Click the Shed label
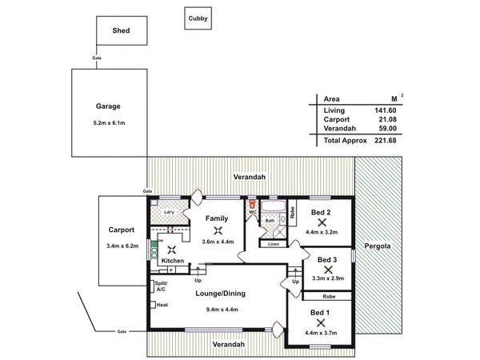click(x=121, y=31)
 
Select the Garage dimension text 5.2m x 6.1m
click(x=108, y=122)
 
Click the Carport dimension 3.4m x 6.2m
click(x=122, y=246)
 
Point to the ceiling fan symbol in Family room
click(x=218, y=231)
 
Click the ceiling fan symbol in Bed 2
click(x=322, y=222)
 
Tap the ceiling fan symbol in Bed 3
click(x=326, y=269)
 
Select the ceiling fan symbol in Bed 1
click(x=320, y=322)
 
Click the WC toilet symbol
click(x=252, y=206)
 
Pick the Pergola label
click(x=378, y=246)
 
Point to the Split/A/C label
click(x=160, y=286)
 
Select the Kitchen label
click(x=173, y=261)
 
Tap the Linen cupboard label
click(x=274, y=243)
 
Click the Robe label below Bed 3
click(x=329, y=296)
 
